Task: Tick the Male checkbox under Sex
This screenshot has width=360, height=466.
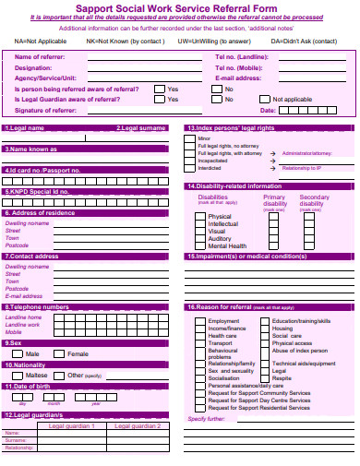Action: coord(18,354)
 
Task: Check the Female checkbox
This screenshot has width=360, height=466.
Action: coord(61,354)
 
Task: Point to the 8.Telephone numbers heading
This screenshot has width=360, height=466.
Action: coord(37,306)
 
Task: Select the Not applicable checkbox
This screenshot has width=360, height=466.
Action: coord(265,99)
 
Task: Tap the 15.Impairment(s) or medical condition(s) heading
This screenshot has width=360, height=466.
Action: coord(246,257)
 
